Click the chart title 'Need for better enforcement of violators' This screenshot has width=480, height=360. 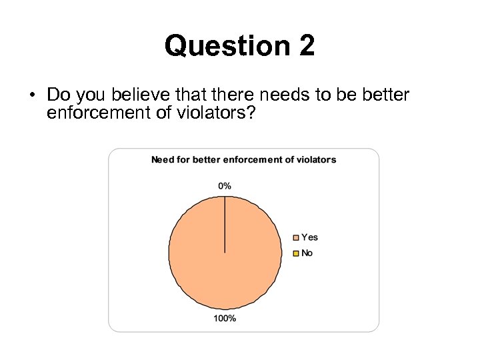243,159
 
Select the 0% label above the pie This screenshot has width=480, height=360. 225,186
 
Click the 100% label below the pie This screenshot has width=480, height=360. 225,319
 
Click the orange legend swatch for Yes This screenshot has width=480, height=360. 296,237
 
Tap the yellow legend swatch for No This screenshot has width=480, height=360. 296,253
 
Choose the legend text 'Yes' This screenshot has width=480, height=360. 309,237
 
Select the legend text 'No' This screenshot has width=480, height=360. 307,253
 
